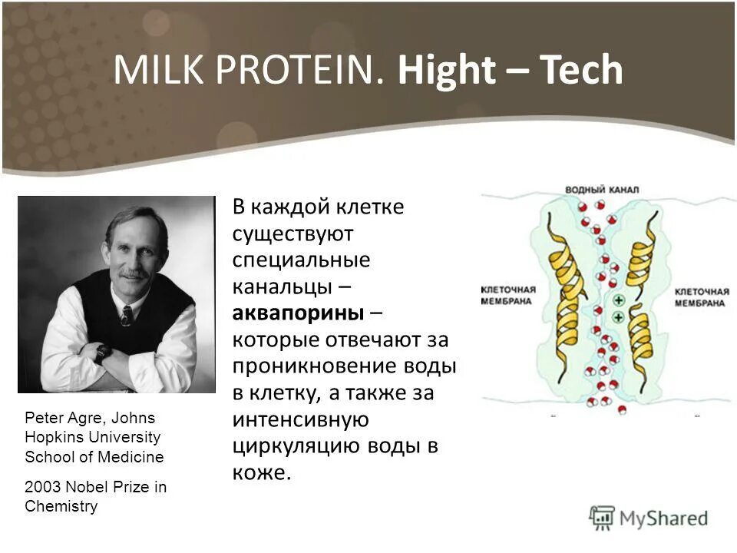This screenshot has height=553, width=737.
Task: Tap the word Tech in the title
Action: (581, 70)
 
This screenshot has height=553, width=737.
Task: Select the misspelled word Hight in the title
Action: (447, 71)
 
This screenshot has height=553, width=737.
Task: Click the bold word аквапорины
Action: (298, 313)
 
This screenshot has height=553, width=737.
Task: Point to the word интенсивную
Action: (300, 419)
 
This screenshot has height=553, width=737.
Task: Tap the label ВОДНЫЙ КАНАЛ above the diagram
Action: (602, 190)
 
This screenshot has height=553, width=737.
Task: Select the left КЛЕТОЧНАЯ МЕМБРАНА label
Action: (508, 295)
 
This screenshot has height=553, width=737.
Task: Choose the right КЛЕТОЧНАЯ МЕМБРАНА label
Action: (702, 297)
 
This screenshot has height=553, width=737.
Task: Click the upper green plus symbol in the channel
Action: (619, 300)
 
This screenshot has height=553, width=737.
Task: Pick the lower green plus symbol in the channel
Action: (619, 317)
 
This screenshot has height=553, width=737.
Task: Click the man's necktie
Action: (127, 316)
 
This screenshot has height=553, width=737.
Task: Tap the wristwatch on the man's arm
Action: (102, 353)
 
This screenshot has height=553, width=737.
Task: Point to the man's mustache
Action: (133, 273)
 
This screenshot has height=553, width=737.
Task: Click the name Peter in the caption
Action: (45, 418)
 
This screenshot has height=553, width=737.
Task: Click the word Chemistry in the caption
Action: (61, 506)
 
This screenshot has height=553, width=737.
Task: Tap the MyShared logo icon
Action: (602, 518)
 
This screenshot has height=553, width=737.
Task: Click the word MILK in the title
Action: (160, 70)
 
